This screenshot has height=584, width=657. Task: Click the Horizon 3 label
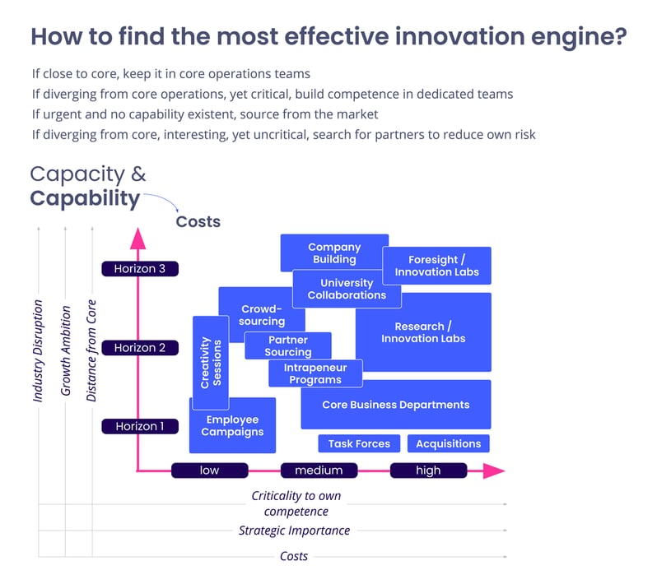tap(139, 268)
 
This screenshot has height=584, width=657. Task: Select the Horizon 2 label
tap(139, 348)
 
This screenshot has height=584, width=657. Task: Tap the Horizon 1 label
tap(139, 426)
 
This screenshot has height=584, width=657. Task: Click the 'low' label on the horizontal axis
tap(209, 470)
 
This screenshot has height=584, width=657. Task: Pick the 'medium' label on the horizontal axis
tap(319, 470)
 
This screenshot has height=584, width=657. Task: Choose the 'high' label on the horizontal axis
tap(428, 470)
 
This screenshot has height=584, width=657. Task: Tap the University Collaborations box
tap(347, 290)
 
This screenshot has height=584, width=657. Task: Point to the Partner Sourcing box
tap(288, 346)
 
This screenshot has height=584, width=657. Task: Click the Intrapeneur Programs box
tap(315, 374)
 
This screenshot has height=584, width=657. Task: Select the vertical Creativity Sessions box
tap(211, 363)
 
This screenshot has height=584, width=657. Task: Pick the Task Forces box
tap(359, 443)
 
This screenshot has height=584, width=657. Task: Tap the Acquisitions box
tap(449, 443)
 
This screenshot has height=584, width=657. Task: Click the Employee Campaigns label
tap(232, 426)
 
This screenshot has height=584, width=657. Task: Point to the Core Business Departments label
tap(396, 405)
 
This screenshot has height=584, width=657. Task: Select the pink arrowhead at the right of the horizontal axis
tap(493, 470)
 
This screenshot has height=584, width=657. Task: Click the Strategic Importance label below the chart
tap(294, 531)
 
